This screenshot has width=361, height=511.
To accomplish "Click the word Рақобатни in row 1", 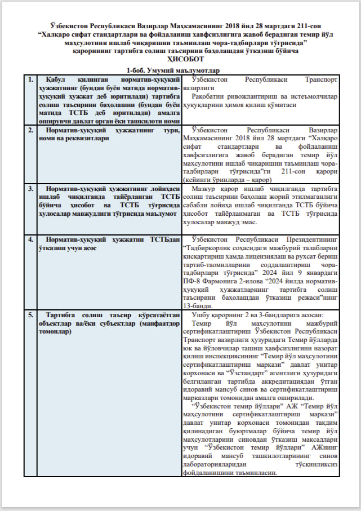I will point(208,97).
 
